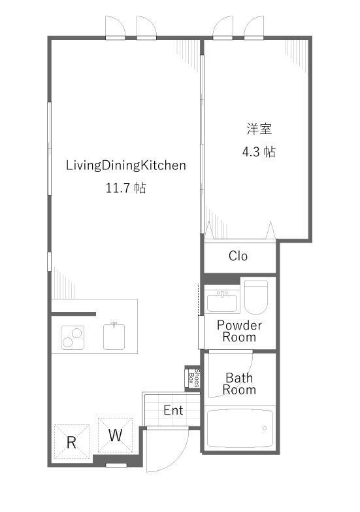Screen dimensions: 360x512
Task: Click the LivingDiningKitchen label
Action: click(x=126, y=165)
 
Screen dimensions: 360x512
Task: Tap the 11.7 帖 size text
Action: click(x=125, y=188)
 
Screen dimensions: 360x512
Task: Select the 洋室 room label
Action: click(x=259, y=129)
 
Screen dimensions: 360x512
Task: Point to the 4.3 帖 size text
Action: click(x=259, y=152)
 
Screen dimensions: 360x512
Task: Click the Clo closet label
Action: click(x=238, y=256)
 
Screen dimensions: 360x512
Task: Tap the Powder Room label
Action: click(x=239, y=331)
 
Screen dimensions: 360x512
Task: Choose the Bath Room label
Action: click(x=239, y=384)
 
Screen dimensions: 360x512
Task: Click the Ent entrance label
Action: click(x=173, y=410)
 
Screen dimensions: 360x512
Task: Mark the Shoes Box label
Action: click(x=193, y=378)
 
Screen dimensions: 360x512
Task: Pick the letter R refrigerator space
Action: click(x=71, y=443)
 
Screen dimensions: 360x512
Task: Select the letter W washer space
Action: click(x=115, y=435)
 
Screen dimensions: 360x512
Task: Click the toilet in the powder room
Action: click(x=256, y=296)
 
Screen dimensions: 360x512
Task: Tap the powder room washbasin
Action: click(x=222, y=302)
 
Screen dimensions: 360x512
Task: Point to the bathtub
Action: click(x=240, y=428)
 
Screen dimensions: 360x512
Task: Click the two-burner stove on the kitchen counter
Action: click(x=73, y=337)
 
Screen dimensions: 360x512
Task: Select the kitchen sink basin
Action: click(x=114, y=336)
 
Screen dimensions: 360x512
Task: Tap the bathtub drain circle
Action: click(x=265, y=428)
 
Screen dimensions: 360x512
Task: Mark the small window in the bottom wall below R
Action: click(x=116, y=465)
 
